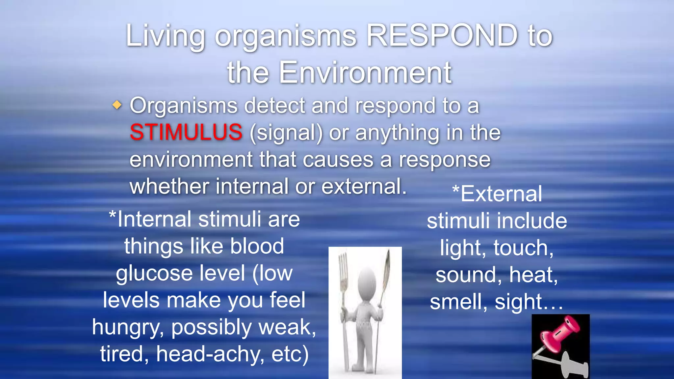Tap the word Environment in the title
tap(365, 73)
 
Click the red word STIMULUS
tap(186, 132)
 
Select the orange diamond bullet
tap(117, 105)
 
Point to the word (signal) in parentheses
tap(286, 133)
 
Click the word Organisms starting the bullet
tap(184, 106)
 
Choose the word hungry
tap(128, 328)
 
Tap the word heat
tap(533, 275)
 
